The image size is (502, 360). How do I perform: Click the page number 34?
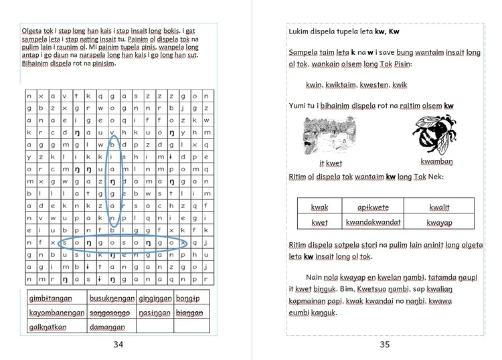coord(118,345)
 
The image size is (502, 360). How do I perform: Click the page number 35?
coord(384,345)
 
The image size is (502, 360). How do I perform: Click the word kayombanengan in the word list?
coord(56,312)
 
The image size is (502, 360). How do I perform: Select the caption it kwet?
coord(331,163)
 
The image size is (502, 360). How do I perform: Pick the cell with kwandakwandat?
coord(373,222)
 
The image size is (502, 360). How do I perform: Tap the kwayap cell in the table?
coord(439,222)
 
